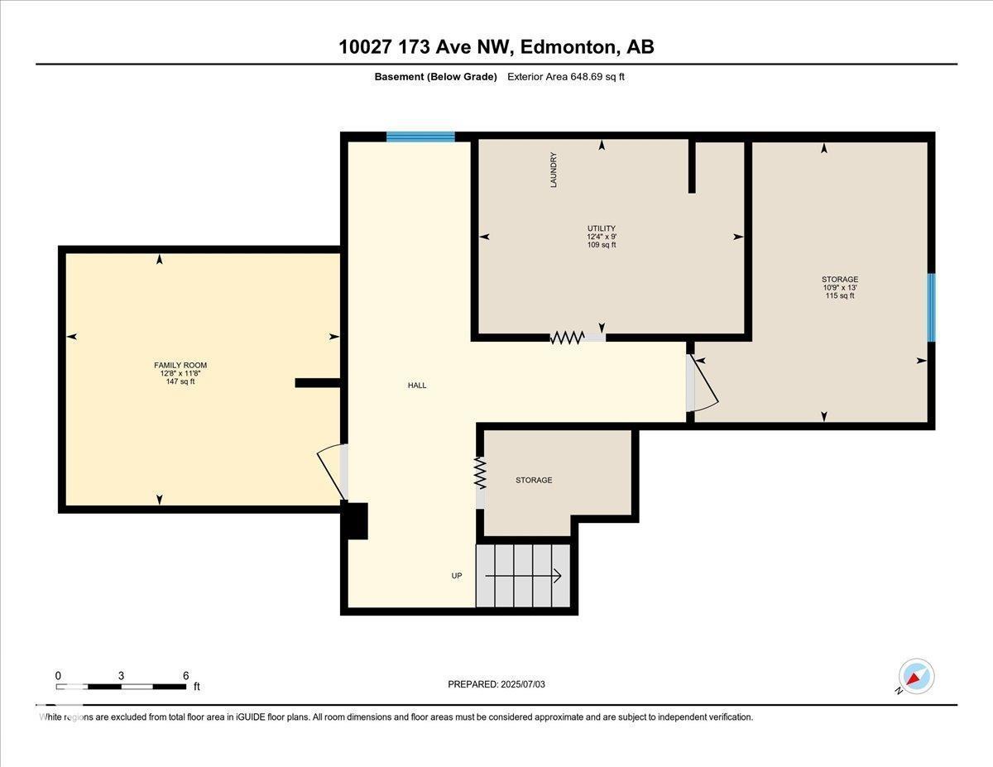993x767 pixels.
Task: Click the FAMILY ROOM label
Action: [x=180, y=365]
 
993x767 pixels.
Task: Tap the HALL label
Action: [x=417, y=386]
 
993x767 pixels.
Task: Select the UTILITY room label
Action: [x=602, y=228]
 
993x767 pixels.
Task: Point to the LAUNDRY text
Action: [x=554, y=170]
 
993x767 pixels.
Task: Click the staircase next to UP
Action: [x=523, y=575]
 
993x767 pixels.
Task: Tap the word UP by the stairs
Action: [x=456, y=576]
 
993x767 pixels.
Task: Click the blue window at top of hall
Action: [x=420, y=137]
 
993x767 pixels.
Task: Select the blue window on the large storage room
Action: [x=931, y=307]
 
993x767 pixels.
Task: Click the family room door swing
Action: [x=330, y=472]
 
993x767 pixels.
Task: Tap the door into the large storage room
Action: [x=702, y=384]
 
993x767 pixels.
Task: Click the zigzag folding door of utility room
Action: [x=568, y=337]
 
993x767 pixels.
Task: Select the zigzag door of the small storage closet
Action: [x=480, y=473]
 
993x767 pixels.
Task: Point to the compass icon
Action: [x=916, y=677]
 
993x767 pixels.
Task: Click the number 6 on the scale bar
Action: [x=185, y=675]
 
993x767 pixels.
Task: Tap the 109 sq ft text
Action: [x=602, y=245]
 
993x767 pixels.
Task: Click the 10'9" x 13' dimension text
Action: [x=839, y=287]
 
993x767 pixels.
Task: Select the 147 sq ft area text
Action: [x=180, y=381]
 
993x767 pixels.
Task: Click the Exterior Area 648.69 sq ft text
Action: [x=571, y=77]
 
